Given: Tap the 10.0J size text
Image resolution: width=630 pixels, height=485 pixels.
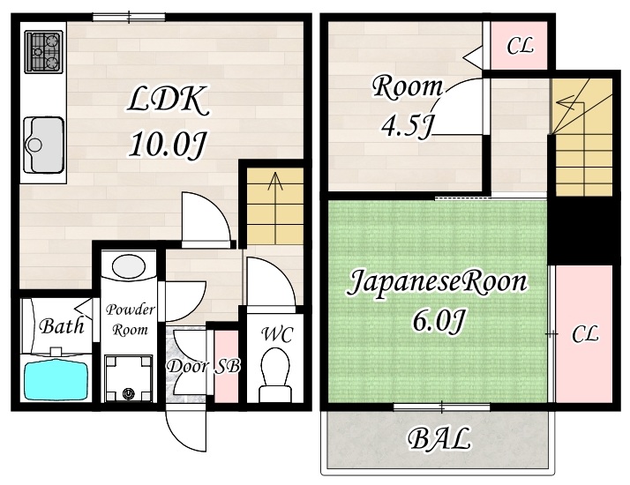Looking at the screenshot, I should [167, 143].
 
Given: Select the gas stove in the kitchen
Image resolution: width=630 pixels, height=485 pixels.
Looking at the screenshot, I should [41, 52].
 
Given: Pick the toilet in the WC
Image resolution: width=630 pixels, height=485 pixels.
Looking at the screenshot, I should [276, 374].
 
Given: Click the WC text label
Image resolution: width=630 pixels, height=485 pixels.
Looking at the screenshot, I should [276, 334].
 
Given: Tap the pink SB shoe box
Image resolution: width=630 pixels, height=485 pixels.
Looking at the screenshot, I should [228, 366].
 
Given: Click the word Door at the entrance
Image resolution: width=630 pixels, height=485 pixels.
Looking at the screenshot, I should [186, 366].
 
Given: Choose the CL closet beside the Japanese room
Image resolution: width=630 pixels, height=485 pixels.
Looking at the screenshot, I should [584, 334].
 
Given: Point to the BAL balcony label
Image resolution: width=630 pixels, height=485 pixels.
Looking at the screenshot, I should [439, 439].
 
